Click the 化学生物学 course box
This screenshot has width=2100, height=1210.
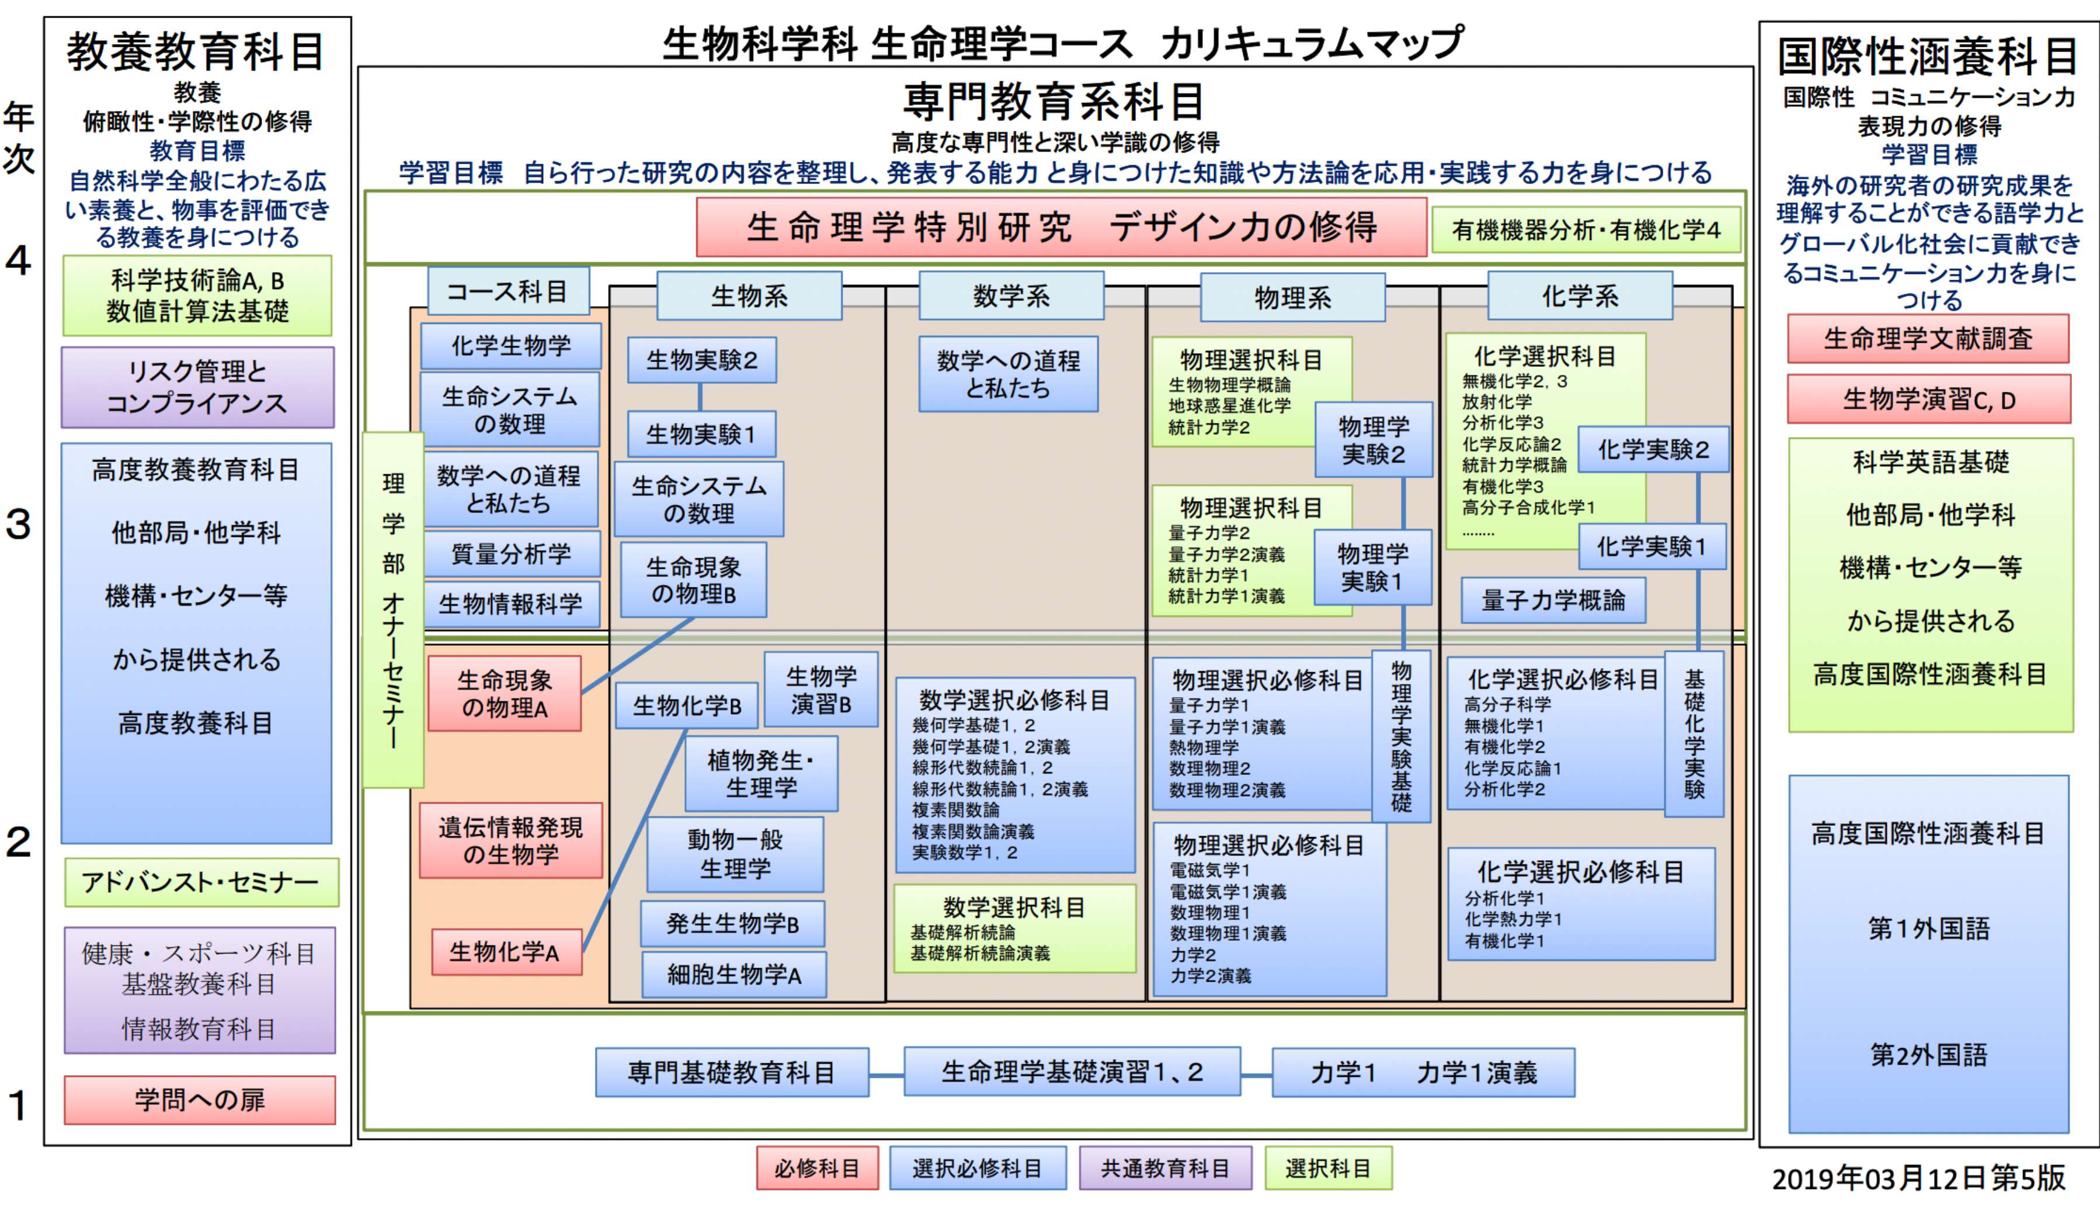[510, 346]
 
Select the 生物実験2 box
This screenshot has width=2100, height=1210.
[701, 360]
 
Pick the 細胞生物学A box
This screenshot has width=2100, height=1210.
[734, 975]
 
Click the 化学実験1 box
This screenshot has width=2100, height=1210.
[1652, 547]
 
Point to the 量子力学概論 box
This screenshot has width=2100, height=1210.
[1553, 600]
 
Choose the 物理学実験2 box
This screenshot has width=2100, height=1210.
[1373, 440]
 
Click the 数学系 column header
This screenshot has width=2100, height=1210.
[1010, 296]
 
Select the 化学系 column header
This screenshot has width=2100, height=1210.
[1579, 296]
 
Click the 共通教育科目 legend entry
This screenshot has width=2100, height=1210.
[1164, 1169]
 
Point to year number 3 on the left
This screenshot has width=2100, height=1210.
[18, 524]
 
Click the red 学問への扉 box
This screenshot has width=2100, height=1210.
[200, 1100]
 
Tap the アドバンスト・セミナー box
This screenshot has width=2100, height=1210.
[201, 882]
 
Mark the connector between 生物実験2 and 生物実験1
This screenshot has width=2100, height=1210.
[701, 397]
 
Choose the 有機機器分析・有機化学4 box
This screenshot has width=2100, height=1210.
[1586, 230]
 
